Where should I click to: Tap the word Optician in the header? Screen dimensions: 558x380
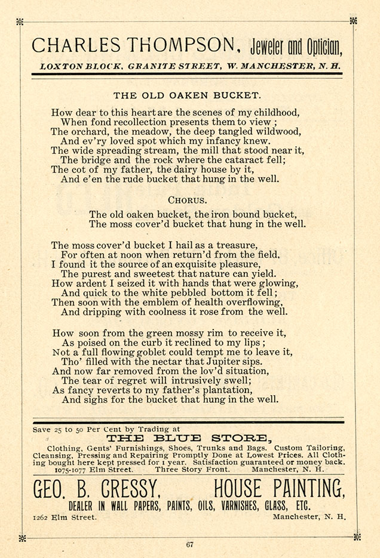pyautogui.click(x=325, y=46)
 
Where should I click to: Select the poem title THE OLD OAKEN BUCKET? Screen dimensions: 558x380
pyautogui.click(x=187, y=95)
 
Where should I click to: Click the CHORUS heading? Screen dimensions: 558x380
pyautogui.click(x=187, y=201)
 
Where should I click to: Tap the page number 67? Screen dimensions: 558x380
pyautogui.click(x=190, y=544)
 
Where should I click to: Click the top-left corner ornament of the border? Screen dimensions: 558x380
pyautogui.click(x=20, y=21)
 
